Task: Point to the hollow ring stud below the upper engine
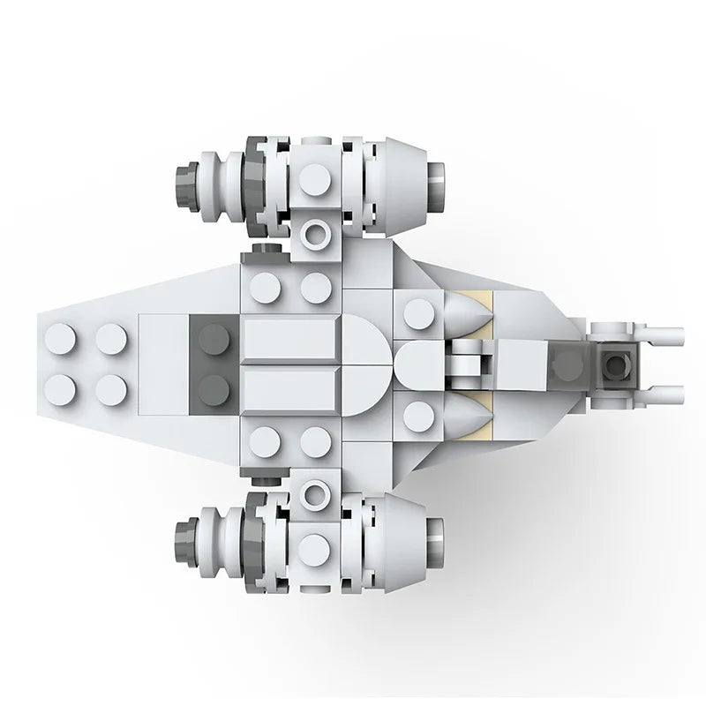(x=315, y=234)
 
